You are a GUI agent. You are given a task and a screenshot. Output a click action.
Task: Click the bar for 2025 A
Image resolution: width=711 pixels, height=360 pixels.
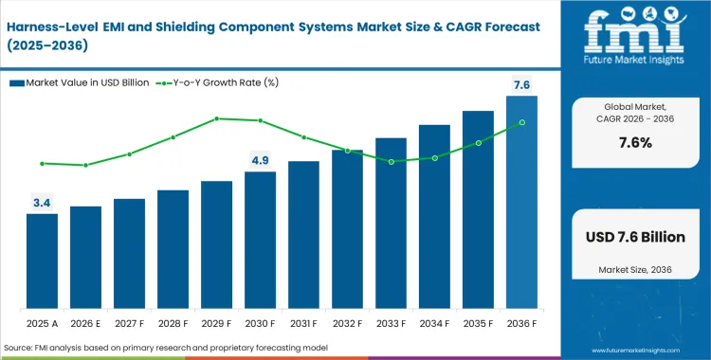[42, 261]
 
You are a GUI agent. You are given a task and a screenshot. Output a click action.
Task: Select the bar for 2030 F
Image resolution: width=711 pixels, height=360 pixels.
[260, 241]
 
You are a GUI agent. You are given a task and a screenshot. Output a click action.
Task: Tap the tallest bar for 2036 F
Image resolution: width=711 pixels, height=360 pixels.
[521, 203]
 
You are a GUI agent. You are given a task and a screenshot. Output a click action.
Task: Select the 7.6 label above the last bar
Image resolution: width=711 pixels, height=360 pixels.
[521, 85]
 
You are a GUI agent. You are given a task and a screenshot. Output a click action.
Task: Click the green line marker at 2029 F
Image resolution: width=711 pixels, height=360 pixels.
[216, 118]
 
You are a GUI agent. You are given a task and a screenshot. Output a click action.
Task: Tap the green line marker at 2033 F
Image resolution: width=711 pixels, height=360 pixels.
[391, 161]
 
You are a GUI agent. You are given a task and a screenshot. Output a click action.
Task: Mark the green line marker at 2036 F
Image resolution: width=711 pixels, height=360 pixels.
[521, 122]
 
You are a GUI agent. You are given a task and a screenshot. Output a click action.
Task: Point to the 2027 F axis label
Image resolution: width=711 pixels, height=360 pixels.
[129, 322]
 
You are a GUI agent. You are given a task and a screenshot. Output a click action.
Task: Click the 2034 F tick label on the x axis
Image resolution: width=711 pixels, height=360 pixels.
[434, 322]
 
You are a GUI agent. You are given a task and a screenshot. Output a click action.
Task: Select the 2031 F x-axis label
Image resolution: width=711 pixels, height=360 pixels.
[303, 322]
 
